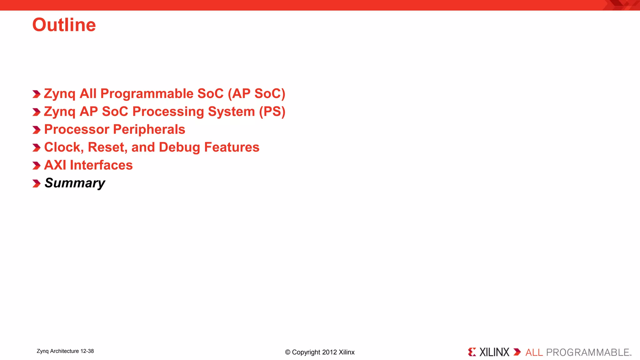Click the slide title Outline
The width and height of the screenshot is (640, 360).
point(64,25)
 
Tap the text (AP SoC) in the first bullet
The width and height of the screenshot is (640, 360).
point(256,94)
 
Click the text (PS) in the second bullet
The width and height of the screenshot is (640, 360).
point(272,112)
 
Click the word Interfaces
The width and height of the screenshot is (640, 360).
point(101,165)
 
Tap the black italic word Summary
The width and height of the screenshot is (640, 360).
point(75,183)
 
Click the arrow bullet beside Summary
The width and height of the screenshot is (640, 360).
point(37,183)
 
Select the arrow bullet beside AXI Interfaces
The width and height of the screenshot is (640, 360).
point(37,166)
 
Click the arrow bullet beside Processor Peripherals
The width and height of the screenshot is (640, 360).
point(37,130)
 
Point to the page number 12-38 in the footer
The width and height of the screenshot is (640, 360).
point(87,351)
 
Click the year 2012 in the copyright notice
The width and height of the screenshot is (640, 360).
point(329,352)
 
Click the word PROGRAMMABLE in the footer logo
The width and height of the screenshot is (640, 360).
point(587,352)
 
